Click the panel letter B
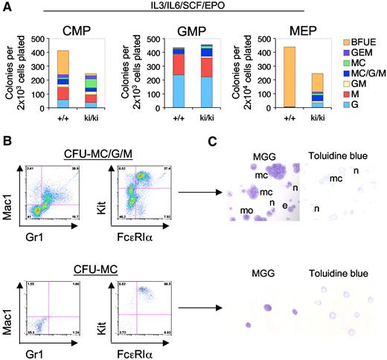point(6,135)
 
